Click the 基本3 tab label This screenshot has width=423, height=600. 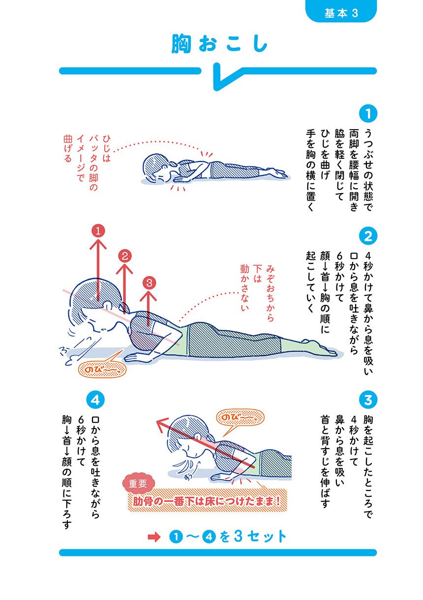pyautogui.click(x=341, y=13)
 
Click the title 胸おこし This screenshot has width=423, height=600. pyautogui.click(x=219, y=43)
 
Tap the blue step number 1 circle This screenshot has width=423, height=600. pyautogui.click(x=368, y=114)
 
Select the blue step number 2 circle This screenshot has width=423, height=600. pyautogui.click(x=368, y=236)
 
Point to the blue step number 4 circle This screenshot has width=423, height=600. pyautogui.click(x=95, y=400)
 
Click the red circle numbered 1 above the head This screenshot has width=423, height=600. pyautogui.click(x=98, y=231)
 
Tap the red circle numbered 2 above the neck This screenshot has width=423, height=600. pyautogui.click(x=124, y=257)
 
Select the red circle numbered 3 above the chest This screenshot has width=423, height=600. pyautogui.click(x=149, y=283)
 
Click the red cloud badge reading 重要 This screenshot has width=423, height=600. pyautogui.click(x=139, y=483)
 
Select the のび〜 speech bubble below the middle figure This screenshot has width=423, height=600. pyautogui.click(x=102, y=370)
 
